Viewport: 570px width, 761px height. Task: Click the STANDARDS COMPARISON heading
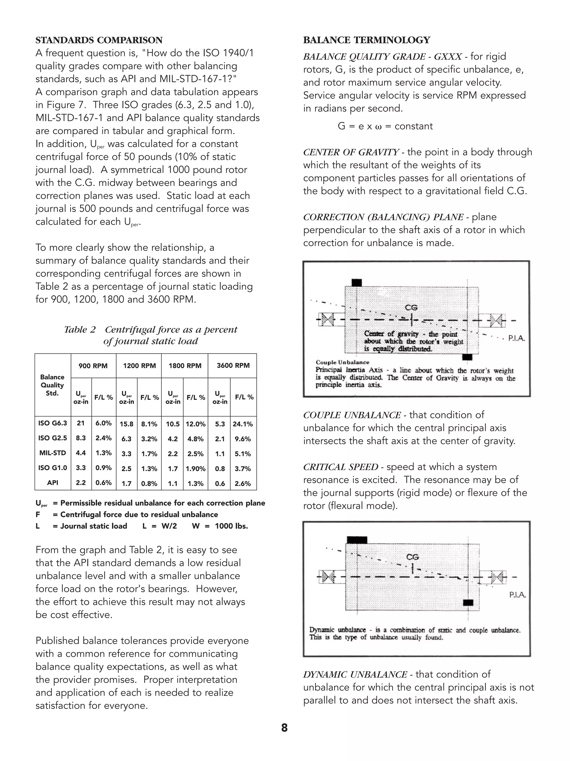point(99,40)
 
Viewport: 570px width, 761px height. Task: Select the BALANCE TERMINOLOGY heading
point(366,40)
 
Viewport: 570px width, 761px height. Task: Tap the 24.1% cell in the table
point(243,424)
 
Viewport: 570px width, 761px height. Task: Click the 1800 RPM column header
point(185,366)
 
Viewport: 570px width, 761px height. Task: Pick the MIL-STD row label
point(53,453)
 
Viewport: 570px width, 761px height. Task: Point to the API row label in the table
point(53,483)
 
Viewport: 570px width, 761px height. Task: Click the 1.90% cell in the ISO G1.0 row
point(195,469)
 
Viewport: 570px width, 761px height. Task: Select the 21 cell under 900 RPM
point(81,423)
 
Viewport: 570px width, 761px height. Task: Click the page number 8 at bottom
point(284,728)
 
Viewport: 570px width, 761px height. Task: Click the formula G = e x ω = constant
point(385,126)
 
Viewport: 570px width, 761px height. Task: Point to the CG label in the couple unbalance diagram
point(411,307)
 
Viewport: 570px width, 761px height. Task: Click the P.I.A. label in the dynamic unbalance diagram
point(517,595)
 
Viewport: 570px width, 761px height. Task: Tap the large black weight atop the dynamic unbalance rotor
point(357,540)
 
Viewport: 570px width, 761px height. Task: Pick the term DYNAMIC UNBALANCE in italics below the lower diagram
point(355,674)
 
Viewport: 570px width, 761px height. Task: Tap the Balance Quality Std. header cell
point(52,385)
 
